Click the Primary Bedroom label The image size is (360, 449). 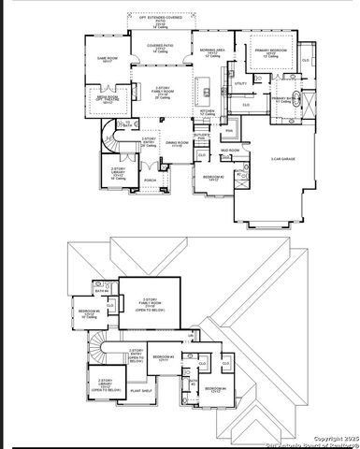click(269, 53)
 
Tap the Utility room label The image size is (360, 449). click(240, 84)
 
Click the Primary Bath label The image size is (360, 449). click(285, 98)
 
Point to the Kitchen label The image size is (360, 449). click(208, 111)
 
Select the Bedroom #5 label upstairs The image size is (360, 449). click(89, 311)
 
